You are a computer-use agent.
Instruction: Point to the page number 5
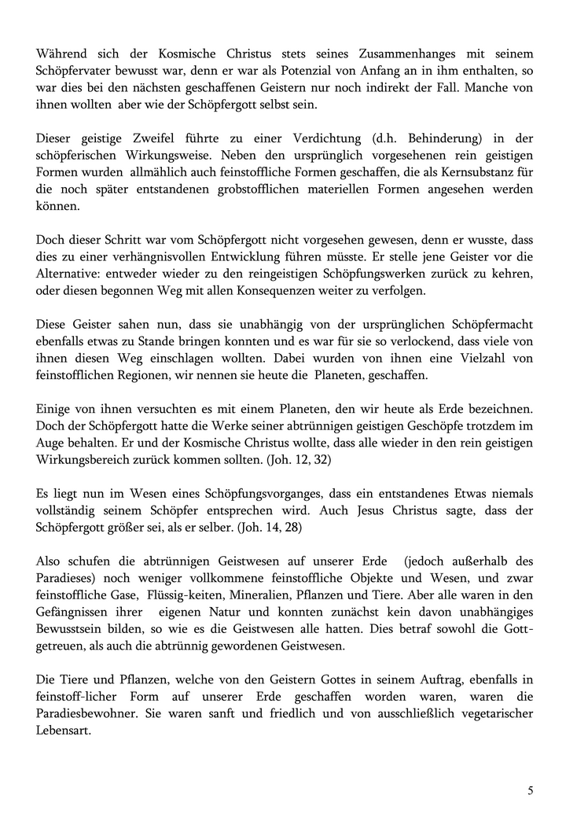point(530,790)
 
